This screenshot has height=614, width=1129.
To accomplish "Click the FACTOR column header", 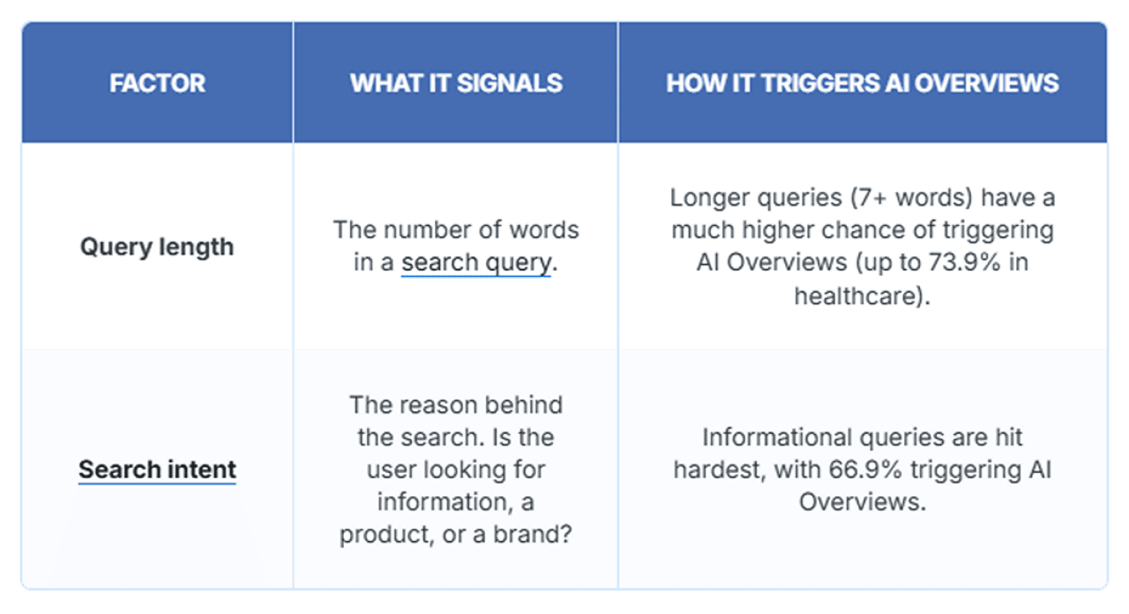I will point(157,83).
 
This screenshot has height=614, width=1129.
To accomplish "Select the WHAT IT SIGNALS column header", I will point(456,83).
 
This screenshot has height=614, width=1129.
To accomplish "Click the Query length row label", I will point(157,247).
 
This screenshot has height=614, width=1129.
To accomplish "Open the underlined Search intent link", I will point(157,469).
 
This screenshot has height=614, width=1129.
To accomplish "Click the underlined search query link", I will point(476,263).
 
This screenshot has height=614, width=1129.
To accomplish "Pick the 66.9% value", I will point(865,469).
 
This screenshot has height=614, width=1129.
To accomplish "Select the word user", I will point(393,469).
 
